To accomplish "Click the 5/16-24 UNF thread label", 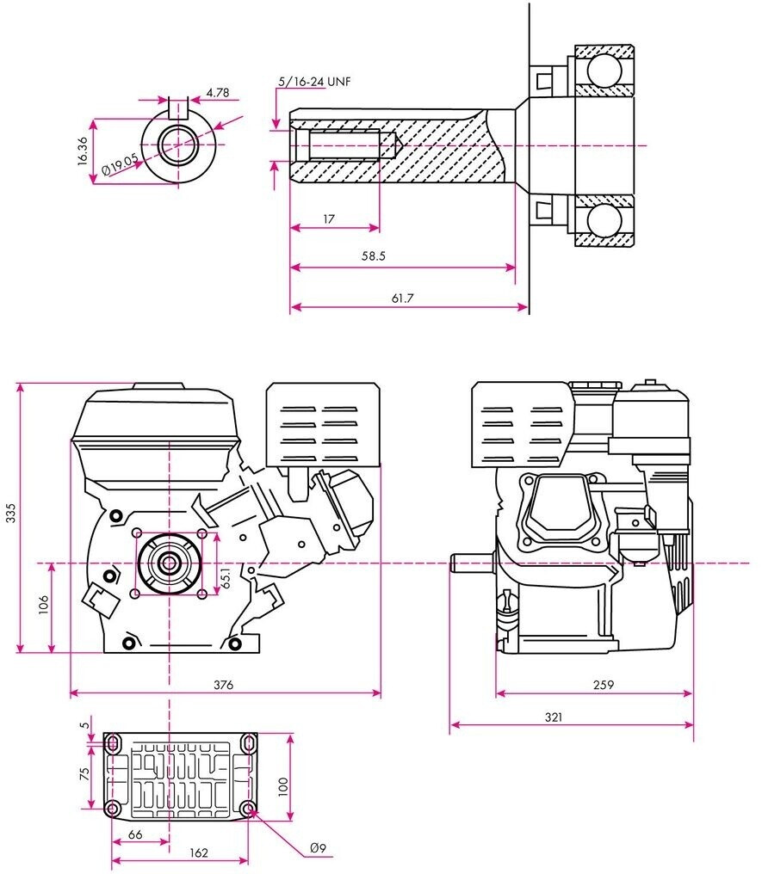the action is (314, 82).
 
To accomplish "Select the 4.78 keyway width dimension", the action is (218, 93).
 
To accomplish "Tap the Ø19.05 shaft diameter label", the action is (120, 164).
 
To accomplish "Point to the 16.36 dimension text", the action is (83, 151).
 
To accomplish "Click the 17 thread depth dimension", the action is (329, 219).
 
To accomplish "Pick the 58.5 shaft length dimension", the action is (373, 255).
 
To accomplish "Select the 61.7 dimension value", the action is (402, 299).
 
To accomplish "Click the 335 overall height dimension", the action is (11, 513).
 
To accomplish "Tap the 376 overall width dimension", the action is (224, 685).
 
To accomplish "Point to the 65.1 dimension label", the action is (226, 578).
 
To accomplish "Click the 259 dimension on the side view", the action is (604, 685).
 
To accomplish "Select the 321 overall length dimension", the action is (554, 717).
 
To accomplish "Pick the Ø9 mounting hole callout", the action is (318, 848).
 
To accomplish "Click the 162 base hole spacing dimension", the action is (199, 852).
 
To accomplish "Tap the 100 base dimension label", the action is (283, 786).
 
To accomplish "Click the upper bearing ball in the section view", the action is (604, 71).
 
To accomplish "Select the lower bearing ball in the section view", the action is (604, 221).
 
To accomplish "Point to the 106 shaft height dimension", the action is (44, 605).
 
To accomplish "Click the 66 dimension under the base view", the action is (135, 834).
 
